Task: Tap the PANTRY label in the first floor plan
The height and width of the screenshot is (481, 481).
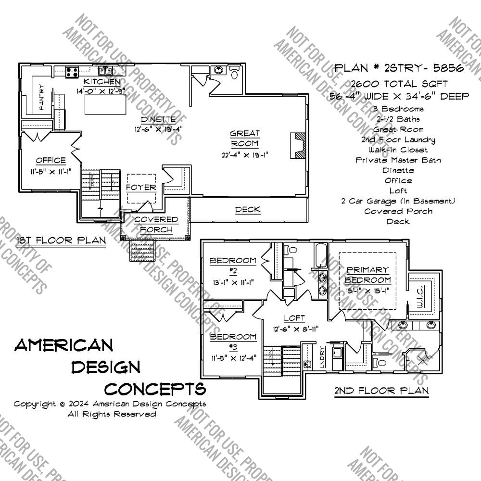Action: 41,96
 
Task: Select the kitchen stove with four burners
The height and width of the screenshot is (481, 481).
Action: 73,72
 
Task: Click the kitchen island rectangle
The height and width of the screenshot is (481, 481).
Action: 106,104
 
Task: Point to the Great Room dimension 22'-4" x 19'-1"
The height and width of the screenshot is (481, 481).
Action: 244,154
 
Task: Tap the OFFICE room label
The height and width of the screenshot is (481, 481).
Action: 51,160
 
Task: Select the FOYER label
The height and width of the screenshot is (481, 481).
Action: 141,187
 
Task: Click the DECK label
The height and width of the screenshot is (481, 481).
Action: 248,209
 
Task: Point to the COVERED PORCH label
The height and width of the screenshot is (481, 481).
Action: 156,225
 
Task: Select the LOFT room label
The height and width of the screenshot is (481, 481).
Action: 294,318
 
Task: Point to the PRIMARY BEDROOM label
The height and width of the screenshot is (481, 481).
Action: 367,275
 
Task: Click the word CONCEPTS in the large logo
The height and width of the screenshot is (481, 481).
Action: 155,388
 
